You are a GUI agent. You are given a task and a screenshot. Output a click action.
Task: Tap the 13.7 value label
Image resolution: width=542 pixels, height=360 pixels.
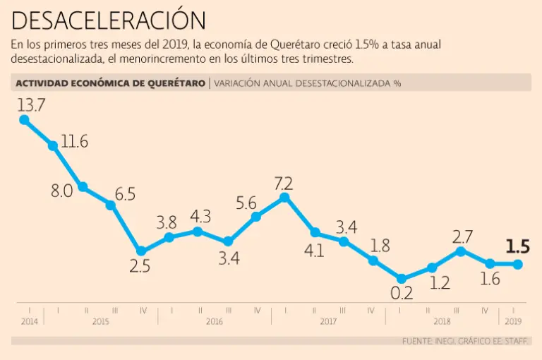coord(32,105)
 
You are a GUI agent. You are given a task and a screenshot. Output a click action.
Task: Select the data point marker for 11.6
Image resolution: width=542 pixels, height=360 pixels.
coord(54,146)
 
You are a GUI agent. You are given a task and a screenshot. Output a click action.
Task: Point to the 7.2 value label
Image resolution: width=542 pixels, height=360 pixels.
coord(284,184)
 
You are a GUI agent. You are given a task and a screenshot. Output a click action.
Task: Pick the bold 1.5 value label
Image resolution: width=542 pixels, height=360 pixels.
coord(517,247)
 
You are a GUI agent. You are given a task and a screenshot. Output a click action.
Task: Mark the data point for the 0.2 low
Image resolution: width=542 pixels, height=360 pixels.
coord(402,279)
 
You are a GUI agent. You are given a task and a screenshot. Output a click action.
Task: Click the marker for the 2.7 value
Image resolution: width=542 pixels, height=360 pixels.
coord(461,251)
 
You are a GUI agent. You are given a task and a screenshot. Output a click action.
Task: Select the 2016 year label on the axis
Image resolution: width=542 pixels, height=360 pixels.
coord(214,321)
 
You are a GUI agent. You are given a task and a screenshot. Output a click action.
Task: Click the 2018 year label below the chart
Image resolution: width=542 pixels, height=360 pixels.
coord(442,321)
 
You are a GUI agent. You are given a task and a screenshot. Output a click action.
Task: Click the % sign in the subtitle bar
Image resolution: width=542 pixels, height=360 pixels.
coord(397,83)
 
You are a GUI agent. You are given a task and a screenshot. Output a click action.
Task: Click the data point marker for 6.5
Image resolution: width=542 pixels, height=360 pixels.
coord(111,205)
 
